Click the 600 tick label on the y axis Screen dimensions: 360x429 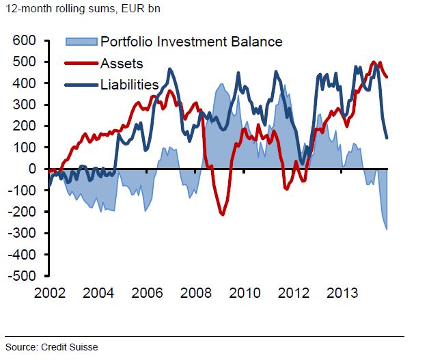pyautogui.click(x=25, y=41)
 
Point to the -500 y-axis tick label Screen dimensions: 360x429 pyautogui.click(x=22, y=276)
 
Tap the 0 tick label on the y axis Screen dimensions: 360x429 pyautogui.click(x=31, y=169)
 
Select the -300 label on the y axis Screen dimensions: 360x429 pyautogui.click(x=22, y=233)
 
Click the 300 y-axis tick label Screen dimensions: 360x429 pyautogui.click(x=25, y=105)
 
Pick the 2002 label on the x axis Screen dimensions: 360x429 pyautogui.click(x=49, y=294)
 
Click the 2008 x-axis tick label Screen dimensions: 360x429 pyautogui.click(x=196, y=294)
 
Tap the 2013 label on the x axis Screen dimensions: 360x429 pyautogui.click(x=342, y=294)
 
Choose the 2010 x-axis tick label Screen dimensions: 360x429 pyautogui.click(x=245, y=294)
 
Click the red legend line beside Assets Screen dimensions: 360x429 pyautogui.click(x=81, y=64)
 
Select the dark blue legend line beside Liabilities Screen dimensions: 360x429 pyautogui.click(x=81, y=85)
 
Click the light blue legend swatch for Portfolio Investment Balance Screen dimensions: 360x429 pyautogui.click(x=81, y=42)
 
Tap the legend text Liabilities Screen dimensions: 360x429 pyautogui.click(x=129, y=85)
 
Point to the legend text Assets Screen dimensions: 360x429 pyautogui.click(x=121, y=64)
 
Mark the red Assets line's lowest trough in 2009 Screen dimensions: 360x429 pyautogui.click(x=222, y=214)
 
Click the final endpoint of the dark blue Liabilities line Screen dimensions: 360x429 pyautogui.click(x=387, y=138)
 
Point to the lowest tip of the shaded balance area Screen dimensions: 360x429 pyautogui.click(x=387, y=230)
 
